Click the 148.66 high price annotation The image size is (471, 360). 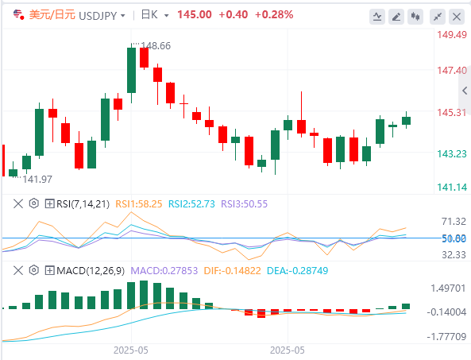click(156, 45)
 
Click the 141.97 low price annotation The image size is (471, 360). click(37, 180)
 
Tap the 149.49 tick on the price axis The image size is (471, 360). click(452, 34)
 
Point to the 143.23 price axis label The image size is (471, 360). click(452, 154)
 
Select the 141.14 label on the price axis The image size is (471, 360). click(452, 188)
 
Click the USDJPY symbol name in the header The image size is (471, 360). click(98, 15)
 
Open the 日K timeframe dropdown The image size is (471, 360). click(154, 15)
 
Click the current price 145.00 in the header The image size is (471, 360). click(195, 14)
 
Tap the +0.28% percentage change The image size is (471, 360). click(274, 14)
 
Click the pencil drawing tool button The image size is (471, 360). click(396, 17)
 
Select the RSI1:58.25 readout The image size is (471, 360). click(139, 204)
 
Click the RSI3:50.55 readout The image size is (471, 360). click(244, 204)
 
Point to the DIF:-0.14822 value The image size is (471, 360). click(232, 271)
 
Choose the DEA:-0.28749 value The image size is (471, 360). click(297, 271)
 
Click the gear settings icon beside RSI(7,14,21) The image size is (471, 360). click(34, 203)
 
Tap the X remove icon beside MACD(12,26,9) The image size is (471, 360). click(18, 270)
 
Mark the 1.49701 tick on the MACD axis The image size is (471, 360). click(448, 288)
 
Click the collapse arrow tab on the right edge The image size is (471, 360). click(465, 90)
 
